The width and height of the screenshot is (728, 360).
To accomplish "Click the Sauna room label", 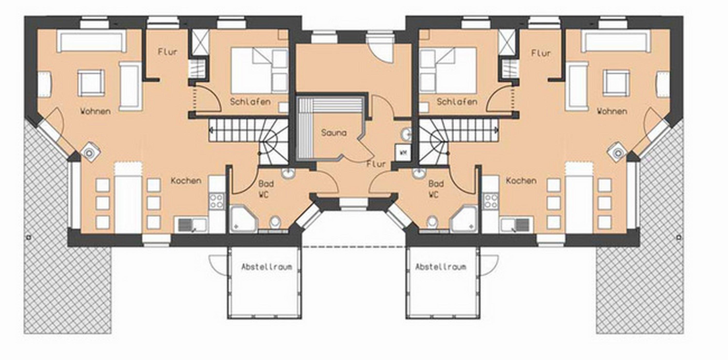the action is (x=334, y=133).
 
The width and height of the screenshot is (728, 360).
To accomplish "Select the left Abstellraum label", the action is (x=266, y=267).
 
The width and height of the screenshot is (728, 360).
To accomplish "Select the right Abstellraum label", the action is (x=441, y=267).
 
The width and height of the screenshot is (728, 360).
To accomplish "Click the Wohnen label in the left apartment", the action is (x=95, y=111).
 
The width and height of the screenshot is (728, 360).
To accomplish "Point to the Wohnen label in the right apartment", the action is (x=612, y=111).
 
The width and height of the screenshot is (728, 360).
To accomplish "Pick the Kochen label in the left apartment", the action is (x=186, y=180).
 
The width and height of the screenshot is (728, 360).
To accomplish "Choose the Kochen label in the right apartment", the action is (x=521, y=180).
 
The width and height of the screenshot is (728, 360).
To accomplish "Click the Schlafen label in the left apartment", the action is (x=250, y=102).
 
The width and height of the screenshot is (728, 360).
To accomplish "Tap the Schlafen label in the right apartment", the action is (x=457, y=102).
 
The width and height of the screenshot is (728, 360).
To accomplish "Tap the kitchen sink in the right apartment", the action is (x=515, y=225).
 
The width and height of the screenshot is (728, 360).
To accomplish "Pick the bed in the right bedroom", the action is (x=448, y=70).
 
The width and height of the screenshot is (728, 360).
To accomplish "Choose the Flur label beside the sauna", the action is (x=376, y=164).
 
